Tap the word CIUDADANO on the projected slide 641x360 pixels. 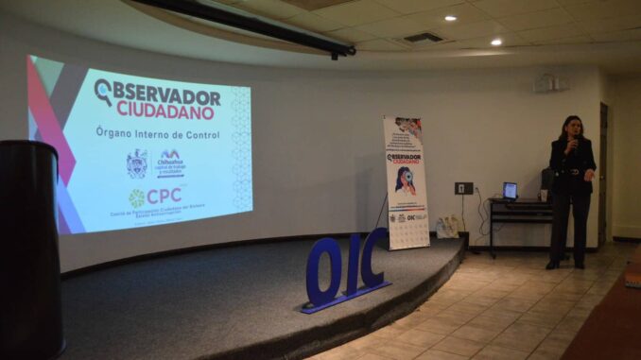click(165, 111)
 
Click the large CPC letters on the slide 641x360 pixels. click(164, 196)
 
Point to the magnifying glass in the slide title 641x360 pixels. click(103, 91)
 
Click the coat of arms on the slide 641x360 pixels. click(136, 163)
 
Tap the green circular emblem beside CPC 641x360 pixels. click(137, 197)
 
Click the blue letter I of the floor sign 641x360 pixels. click(352, 265)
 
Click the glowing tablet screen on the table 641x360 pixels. click(511, 190)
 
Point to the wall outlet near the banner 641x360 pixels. click(463, 188)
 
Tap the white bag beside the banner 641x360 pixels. click(446, 227)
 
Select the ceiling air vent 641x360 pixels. click(424, 38)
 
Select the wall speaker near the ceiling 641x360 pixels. click(546, 83)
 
